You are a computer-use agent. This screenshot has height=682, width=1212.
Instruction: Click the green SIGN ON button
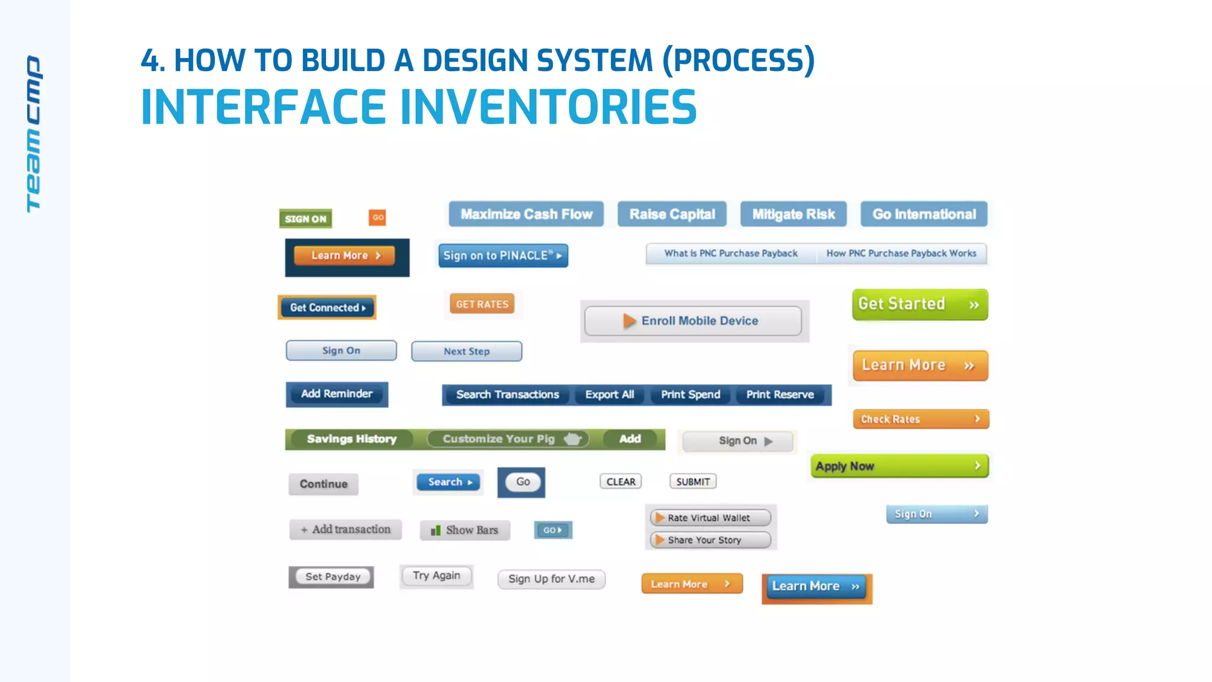pos(305,218)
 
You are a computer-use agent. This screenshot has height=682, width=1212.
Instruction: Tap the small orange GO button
pos(378,217)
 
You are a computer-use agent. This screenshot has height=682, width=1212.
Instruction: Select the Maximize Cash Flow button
pos(526,214)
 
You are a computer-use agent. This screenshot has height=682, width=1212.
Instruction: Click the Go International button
pos(924,214)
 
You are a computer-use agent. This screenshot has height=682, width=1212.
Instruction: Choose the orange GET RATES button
pos(482,304)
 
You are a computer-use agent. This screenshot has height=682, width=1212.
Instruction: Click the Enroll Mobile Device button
pos(693,321)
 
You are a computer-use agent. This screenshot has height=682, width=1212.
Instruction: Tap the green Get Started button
pos(920,304)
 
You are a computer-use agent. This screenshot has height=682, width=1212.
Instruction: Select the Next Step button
pos(466,351)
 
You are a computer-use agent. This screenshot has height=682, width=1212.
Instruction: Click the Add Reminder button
pos(337,394)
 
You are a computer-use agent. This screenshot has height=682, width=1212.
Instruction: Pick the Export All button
pos(610,395)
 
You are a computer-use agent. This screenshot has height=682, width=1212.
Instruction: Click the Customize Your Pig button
pos(508,439)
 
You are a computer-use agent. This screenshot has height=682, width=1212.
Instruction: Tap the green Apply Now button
pos(899,466)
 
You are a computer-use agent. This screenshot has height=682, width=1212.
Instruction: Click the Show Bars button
pos(465,530)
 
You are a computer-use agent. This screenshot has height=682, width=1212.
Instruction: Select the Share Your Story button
pos(710,540)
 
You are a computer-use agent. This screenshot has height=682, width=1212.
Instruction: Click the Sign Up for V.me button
pos(552,579)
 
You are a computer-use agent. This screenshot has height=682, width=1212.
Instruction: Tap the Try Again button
pos(436,575)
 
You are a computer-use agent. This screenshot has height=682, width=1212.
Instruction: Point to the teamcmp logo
pos(34,134)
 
